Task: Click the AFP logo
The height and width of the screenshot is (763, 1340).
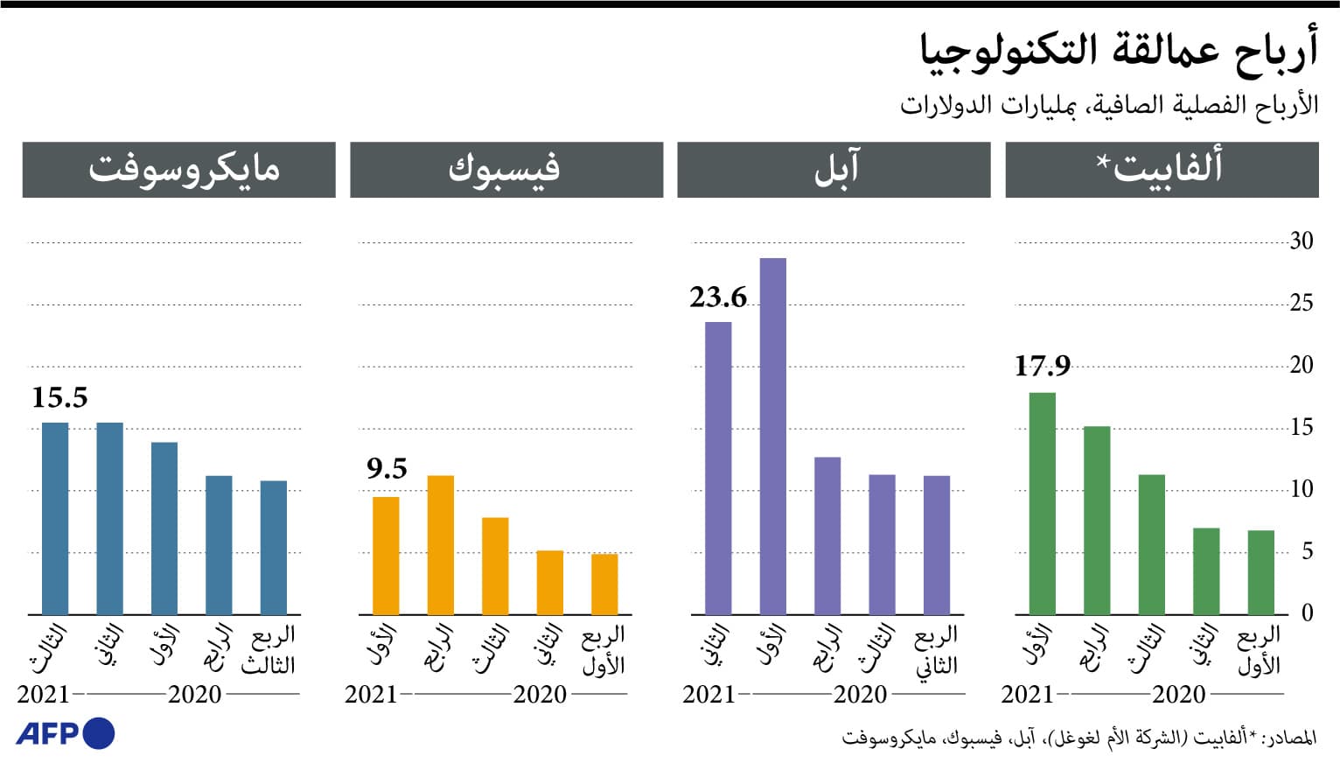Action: pyautogui.click(x=65, y=733)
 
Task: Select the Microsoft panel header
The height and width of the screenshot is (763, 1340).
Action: pyautogui.click(x=179, y=170)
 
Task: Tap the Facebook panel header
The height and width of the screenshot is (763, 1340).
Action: pyautogui.click(x=506, y=170)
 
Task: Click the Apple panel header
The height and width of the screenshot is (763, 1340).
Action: pyautogui.click(x=834, y=170)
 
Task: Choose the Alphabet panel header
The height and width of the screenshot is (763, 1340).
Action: pyautogui.click(x=1162, y=170)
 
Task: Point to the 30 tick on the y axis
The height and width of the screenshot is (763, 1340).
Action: pyautogui.click(x=1302, y=241)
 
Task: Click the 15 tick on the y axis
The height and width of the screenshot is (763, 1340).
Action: pyautogui.click(x=1302, y=427)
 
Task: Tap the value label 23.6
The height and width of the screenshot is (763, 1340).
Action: pyautogui.click(x=718, y=297)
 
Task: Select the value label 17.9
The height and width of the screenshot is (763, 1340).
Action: pyautogui.click(x=1042, y=366)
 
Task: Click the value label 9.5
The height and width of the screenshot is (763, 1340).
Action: pyautogui.click(x=387, y=469)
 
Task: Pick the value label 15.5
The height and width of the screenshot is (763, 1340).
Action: pyautogui.click(x=59, y=398)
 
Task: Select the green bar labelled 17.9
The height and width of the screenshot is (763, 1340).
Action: pyautogui.click(x=1042, y=503)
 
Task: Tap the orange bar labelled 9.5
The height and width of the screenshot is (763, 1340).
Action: pyautogui.click(x=386, y=556)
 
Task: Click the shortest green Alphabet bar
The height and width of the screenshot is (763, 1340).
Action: pyautogui.click(x=1260, y=572)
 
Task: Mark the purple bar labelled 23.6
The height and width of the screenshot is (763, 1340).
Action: pyautogui.click(x=718, y=468)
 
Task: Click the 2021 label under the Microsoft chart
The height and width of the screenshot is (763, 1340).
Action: pyautogui.click(x=43, y=695)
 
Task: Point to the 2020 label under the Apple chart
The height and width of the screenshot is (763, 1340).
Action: pyautogui.click(x=860, y=695)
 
